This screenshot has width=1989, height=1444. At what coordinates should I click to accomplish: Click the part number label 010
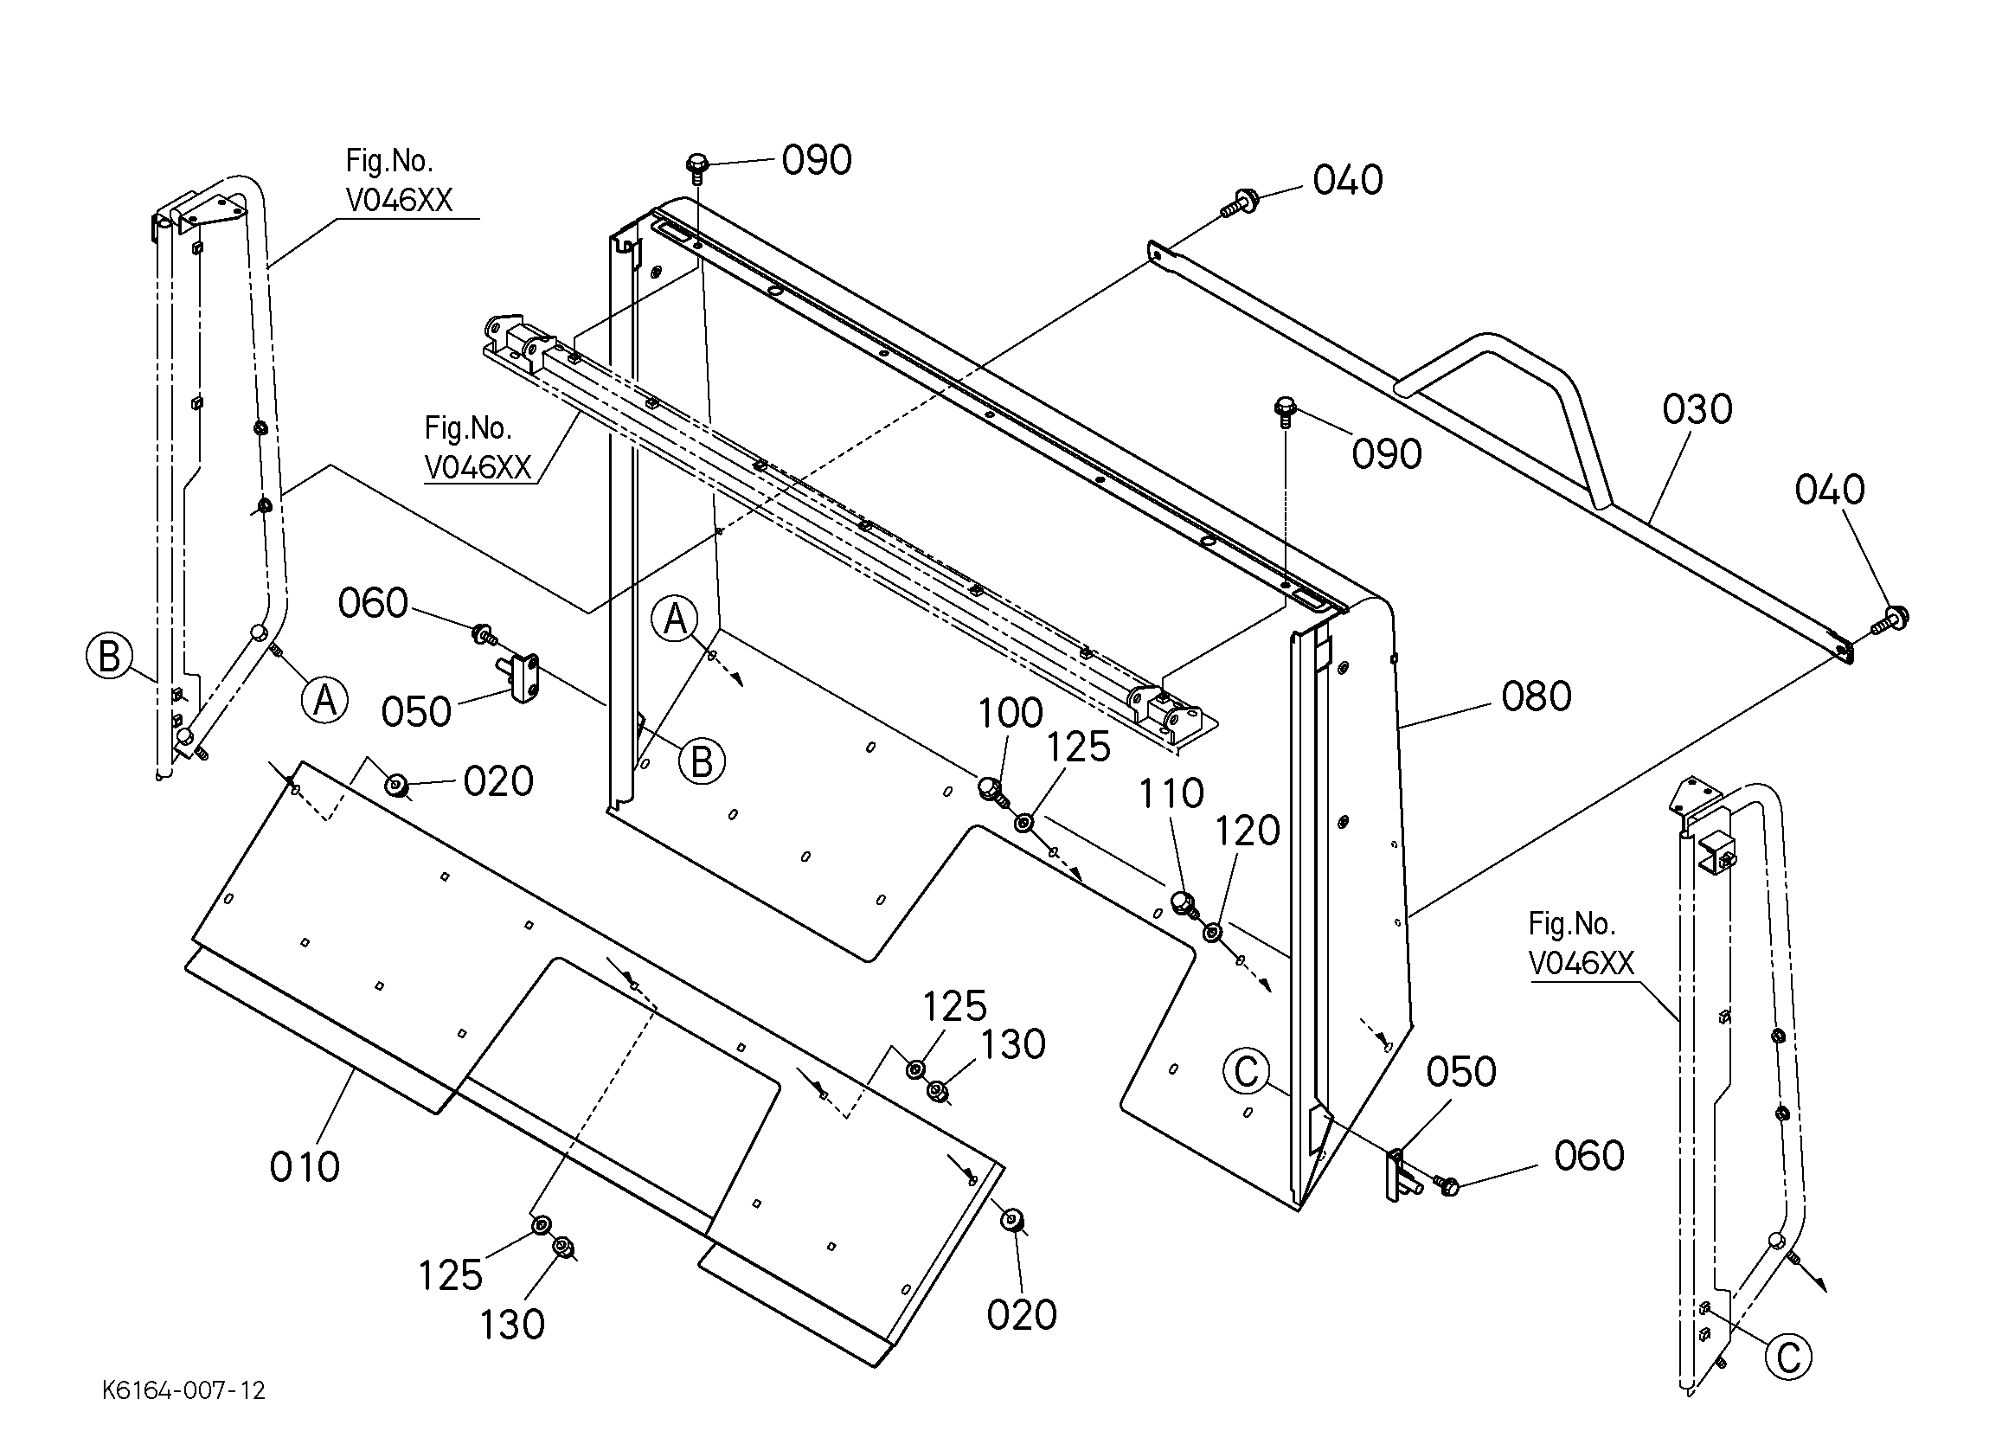[x=305, y=1167]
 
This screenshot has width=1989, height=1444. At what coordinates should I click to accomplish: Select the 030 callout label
[x=1697, y=410]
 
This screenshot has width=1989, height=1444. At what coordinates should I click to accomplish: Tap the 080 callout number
[x=1537, y=696]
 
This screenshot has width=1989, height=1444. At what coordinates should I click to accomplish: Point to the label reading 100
[x=1011, y=713]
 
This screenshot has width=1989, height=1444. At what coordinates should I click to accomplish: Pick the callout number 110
[x=1171, y=794]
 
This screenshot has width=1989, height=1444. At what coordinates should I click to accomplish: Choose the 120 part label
[x=1247, y=831]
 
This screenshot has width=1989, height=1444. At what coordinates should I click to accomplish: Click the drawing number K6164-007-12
[x=183, y=1391]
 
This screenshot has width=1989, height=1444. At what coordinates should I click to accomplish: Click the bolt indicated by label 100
[x=991, y=790]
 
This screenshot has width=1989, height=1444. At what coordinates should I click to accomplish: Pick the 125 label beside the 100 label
[x=1078, y=748]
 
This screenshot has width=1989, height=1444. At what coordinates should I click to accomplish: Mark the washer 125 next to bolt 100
[x=1023, y=823]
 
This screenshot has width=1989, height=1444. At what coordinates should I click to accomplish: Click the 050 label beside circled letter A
[x=415, y=712]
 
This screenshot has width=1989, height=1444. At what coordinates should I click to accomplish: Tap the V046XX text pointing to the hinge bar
[x=478, y=467]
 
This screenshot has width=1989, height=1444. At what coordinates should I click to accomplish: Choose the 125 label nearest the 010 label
[x=450, y=1275]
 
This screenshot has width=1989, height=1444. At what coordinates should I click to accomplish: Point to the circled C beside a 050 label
[x=1246, y=1071]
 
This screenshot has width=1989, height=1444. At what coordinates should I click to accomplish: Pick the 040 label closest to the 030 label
[x=1830, y=490]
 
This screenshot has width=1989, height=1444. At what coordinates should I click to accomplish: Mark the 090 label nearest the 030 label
[x=1387, y=454]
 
